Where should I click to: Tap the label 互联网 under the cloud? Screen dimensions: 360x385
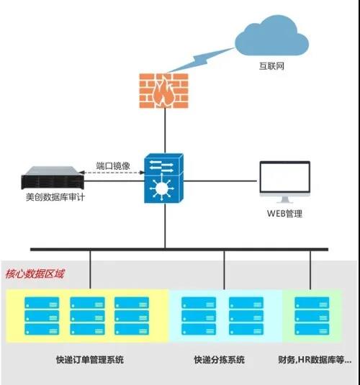click(271, 66)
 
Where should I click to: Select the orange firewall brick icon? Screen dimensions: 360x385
click(164, 91)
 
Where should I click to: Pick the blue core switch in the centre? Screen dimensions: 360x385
click(163, 178)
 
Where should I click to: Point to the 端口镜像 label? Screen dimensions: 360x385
click(113, 166)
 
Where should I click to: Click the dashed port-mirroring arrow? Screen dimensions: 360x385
click(112, 173)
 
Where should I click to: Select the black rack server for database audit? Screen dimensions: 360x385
click(53, 178)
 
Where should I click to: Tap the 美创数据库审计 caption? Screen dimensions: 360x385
click(55, 197)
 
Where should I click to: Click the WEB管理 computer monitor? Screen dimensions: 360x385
click(285, 182)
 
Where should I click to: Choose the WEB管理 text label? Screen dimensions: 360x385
click(284, 214)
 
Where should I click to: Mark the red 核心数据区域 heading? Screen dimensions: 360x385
click(35, 273)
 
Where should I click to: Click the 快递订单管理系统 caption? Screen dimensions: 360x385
click(90, 360)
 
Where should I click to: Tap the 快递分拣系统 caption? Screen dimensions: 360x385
click(219, 360)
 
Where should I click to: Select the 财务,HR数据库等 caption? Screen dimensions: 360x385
click(315, 360)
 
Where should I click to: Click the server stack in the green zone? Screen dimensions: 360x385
click(312, 316)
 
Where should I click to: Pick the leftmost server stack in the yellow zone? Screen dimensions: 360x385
click(42, 316)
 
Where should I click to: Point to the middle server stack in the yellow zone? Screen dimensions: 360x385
click(87, 316)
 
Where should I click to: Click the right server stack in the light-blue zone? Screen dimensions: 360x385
click(246, 316)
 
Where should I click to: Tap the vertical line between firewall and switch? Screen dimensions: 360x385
click(165, 131)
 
